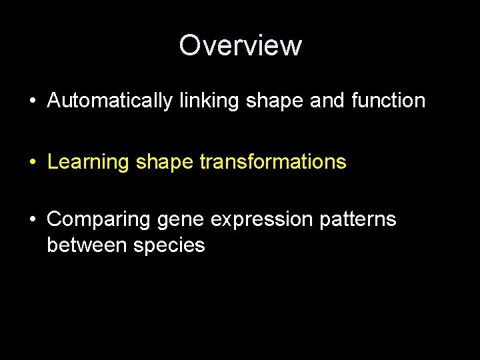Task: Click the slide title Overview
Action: (240, 45)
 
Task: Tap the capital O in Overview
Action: (190, 45)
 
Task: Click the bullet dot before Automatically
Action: (32, 101)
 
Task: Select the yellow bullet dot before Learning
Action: (32, 162)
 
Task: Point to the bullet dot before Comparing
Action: (32, 219)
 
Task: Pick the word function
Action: (387, 101)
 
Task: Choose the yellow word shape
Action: (161, 163)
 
